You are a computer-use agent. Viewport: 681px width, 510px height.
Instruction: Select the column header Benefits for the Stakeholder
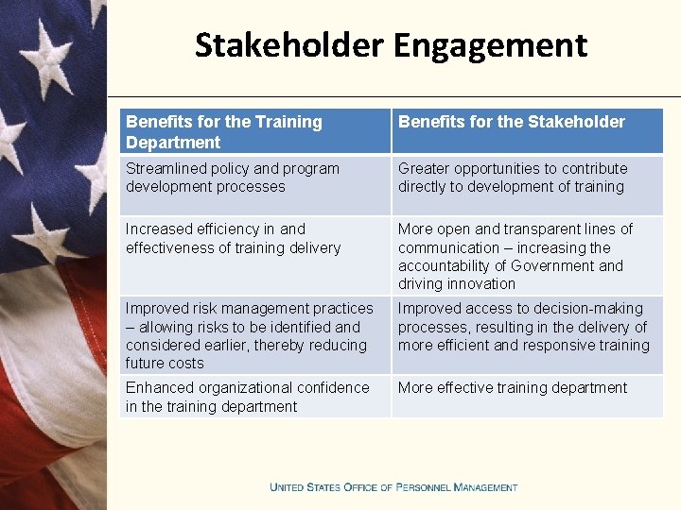pos(511,122)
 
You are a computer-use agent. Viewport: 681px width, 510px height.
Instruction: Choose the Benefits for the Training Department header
pos(223,132)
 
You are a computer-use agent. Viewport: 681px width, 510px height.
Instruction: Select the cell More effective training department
pos(512,387)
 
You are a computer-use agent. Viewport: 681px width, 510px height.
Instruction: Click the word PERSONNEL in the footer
pos(422,487)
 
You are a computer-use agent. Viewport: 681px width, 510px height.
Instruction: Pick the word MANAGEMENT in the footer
pos(486,487)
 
